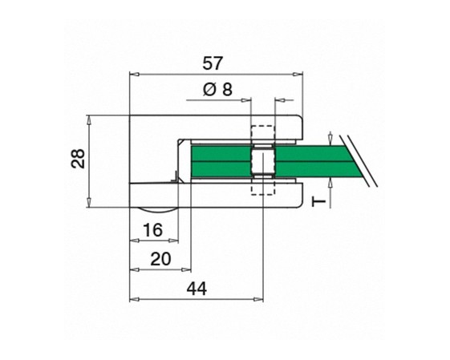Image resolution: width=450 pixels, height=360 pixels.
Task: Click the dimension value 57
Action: [213, 63]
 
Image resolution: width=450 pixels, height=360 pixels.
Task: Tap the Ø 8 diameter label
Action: [217, 90]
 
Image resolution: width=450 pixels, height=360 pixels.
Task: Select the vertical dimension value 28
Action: [78, 158]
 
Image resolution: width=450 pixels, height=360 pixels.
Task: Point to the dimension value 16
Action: [152, 230]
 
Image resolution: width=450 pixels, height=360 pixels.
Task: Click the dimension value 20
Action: [160, 259]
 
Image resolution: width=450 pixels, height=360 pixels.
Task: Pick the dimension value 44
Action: [197, 289]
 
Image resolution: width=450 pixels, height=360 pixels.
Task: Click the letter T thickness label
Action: [319, 202]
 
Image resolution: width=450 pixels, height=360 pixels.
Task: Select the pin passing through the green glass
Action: [263, 161]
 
